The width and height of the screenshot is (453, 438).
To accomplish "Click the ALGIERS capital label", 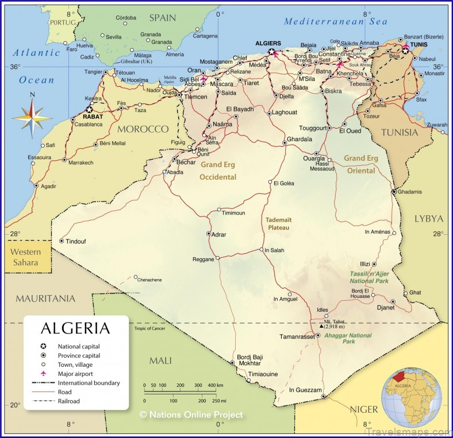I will tap(267, 43).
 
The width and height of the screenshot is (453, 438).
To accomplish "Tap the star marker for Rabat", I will tap(89, 108).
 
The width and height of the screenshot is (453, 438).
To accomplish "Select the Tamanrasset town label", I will tap(297, 336).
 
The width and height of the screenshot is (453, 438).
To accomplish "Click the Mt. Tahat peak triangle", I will tap(321, 326).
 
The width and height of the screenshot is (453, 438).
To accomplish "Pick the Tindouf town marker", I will tap(62, 241).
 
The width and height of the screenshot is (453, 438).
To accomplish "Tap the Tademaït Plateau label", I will tap(278, 224).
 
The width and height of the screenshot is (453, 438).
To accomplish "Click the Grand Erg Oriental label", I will tap(361, 164).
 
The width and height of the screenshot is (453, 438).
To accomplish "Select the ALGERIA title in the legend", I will tap(75, 328).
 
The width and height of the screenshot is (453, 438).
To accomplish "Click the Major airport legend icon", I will tap(43, 374).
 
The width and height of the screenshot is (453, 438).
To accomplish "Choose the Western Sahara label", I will tap(26, 257).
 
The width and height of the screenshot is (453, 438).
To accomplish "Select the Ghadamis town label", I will tap(409, 192).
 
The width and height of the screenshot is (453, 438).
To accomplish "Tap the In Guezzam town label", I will tap(305, 390).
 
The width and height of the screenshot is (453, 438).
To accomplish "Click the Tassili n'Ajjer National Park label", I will tap(370, 277).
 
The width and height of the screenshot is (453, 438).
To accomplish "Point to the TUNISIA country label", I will tap(400, 132).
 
